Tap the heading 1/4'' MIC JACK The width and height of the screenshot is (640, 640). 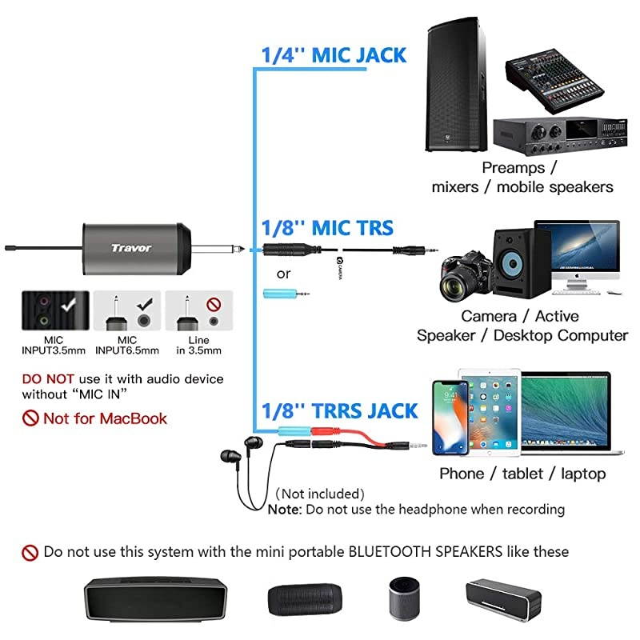tap(334, 55)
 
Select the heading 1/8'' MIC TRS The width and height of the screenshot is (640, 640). tap(328, 228)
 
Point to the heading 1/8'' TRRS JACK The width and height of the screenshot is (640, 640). tap(340, 411)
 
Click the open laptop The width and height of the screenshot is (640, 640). tap(564, 416)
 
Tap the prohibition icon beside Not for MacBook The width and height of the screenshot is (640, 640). tap(30, 418)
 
